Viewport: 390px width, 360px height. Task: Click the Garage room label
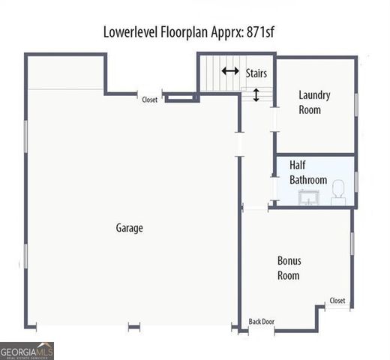(x=129, y=228)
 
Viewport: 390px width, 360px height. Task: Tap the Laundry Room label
(x=314, y=103)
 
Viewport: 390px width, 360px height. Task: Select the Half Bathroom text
(x=308, y=172)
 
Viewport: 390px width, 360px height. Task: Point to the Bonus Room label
(x=289, y=268)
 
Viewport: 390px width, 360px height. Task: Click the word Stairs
(x=256, y=73)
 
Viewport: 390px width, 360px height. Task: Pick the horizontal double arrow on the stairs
(x=230, y=72)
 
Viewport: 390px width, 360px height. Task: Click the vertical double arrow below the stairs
(x=256, y=95)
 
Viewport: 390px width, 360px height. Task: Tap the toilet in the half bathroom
(x=338, y=193)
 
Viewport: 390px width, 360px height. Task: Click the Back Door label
(x=262, y=322)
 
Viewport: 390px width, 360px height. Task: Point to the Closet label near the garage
(x=150, y=99)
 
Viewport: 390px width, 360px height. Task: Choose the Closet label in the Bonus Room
(x=337, y=301)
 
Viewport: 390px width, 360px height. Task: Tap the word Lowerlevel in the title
(x=133, y=32)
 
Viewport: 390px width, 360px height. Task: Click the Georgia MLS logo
(x=27, y=350)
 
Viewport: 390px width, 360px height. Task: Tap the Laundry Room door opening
(x=275, y=118)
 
